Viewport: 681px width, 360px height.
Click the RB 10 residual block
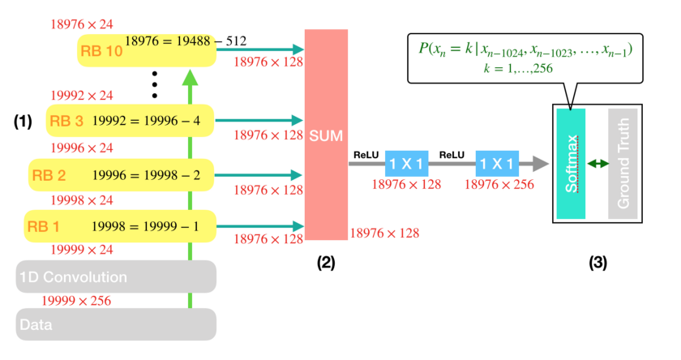(147, 50)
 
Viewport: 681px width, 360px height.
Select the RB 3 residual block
(130, 122)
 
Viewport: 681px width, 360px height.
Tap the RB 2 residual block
(121, 174)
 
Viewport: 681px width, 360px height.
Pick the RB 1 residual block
(121, 225)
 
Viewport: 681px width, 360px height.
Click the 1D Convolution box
(116, 276)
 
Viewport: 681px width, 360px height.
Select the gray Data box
(116, 324)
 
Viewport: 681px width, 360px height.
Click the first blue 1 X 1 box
(406, 164)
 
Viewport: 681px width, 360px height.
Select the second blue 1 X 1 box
(497, 164)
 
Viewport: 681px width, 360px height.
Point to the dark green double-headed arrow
(598, 164)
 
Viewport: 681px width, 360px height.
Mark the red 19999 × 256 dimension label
(75, 301)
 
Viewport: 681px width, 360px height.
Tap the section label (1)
(23, 122)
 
